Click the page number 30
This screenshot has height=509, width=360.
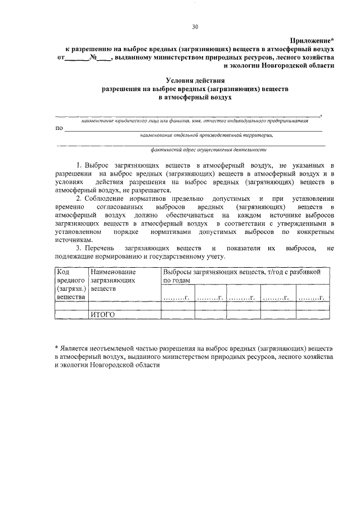point(195,26)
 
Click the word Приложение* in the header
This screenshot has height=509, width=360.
point(312,40)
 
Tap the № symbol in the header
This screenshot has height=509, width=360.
point(93,57)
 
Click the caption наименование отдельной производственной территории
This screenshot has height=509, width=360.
point(207,136)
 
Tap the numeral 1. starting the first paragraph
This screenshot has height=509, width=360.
point(80,166)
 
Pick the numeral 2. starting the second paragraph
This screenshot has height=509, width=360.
point(80,199)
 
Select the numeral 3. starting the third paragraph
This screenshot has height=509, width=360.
point(80,248)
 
